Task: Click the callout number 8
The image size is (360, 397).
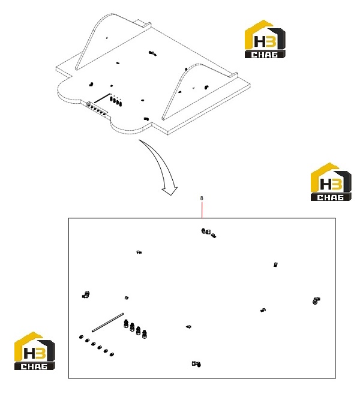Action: pyautogui.click(x=202, y=198)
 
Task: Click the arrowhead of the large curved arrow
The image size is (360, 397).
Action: pyautogui.click(x=170, y=191)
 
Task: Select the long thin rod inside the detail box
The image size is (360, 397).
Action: pyautogui.click(x=108, y=322)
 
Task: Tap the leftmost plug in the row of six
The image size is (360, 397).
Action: pyautogui.click(x=82, y=337)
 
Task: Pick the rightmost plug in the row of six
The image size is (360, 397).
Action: pyautogui.click(x=112, y=354)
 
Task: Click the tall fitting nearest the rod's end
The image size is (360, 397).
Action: pyautogui.click(x=125, y=324)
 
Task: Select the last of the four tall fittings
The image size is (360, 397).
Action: pyautogui.click(x=144, y=334)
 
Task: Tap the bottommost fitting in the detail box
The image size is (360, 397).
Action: pyautogui.click(x=196, y=364)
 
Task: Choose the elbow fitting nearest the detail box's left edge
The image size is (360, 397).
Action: pyautogui.click(x=86, y=294)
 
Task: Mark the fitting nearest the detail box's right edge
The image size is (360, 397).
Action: pyautogui.click(x=316, y=301)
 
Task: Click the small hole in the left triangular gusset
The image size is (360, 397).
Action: pyautogui.click(x=107, y=38)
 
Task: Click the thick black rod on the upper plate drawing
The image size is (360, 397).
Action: pyautogui.click(x=102, y=98)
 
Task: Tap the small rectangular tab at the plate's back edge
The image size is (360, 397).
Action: pyautogui.click(x=142, y=23)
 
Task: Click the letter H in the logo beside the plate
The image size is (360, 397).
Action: pyautogui.click(x=260, y=41)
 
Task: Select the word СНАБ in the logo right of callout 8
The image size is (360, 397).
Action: pyautogui.click(x=331, y=197)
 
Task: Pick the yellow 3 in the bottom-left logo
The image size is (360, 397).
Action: pyautogui.click(x=41, y=353)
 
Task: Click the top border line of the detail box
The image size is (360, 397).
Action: pyautogui.click(x=202, y=218)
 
